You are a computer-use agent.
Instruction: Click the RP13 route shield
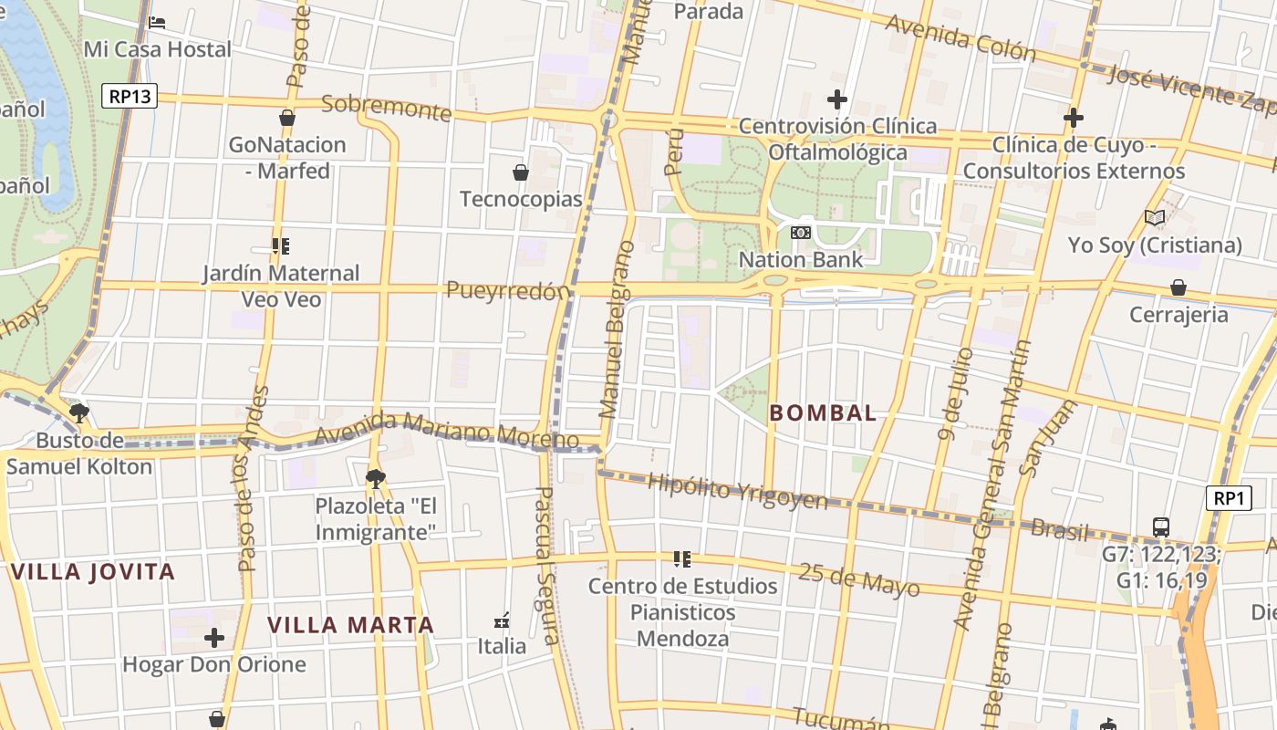click(x=129, y=96)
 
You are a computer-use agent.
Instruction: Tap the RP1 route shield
click(x=1229, y=498)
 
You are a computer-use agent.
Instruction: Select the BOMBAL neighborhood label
click(x=823, y=412)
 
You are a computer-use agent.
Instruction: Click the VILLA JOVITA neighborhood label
click(x=93, y=572)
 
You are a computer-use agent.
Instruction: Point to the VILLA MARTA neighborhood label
click(x=350, y=625)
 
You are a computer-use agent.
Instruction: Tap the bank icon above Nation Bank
click(x=800, y=233)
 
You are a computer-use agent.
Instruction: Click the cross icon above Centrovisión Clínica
click(x=836, y=99)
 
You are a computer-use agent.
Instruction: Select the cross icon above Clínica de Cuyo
click(x=1074, y=118)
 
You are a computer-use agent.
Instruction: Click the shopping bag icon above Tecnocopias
click(x=521, y=172)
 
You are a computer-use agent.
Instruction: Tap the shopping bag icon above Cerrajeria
click(x=1178, y=288)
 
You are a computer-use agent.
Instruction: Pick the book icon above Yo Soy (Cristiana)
click(x=1155, y=218)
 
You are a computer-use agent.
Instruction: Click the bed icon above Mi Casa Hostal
click(x=157, y=22)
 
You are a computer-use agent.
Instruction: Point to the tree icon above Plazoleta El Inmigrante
click(x=375, y=478)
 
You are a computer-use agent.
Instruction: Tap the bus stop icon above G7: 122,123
click(x=1161, y=527)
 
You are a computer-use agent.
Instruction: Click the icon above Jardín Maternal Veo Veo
click(x=281, y=246)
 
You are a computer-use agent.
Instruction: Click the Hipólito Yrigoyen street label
click(x=737, y=492)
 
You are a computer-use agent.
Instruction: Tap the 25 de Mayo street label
click(x=858, y=579)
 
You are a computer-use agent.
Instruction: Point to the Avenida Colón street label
click(x=960, y=37)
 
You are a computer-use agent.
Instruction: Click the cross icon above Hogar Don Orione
click(x=214, y=638)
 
